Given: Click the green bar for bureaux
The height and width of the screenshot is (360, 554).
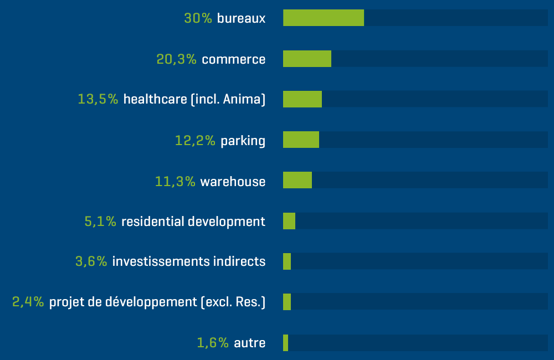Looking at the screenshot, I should click(324, 18).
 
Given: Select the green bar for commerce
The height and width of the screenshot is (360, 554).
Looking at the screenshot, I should click(307, 59).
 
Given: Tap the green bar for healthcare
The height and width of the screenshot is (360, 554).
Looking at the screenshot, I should click(302, 99).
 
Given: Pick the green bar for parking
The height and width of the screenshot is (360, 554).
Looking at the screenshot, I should click(301, 140).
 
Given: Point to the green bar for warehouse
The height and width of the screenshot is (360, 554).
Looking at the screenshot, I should click(297, 180).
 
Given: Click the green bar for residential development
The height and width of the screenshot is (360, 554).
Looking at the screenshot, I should click(289, 221).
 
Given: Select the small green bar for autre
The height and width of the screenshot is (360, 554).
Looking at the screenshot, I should click(285, 343).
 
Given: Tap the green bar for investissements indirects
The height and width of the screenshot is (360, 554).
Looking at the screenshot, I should click(287, 261).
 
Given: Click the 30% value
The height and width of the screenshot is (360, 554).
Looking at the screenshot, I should click(198, 18).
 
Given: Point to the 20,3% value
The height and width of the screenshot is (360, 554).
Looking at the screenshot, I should click(177, 59).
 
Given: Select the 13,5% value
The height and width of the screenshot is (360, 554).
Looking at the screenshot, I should click(98, 100).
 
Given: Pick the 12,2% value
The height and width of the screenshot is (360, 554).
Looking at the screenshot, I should click(195, 141).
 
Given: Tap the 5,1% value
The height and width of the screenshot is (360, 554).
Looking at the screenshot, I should click(100, 222).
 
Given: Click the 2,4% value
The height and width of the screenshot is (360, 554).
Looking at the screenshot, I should click(28, 302).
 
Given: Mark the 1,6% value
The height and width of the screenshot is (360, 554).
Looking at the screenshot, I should click(213, 343).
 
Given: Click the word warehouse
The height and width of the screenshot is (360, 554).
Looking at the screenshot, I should click(233, 182).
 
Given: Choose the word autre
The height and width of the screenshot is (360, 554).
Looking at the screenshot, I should click(250, 343).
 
